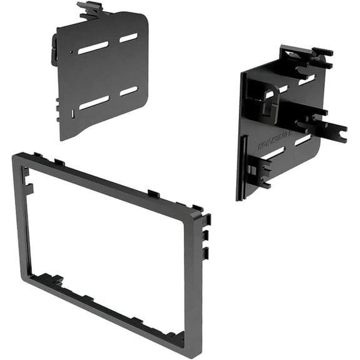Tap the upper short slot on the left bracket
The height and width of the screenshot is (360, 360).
[x=129, y=37]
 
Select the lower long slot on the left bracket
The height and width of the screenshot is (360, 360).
[x=94, y=102]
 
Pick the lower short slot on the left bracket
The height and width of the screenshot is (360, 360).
[x=129, y=91]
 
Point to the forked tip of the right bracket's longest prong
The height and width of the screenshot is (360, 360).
[x=340, y=132]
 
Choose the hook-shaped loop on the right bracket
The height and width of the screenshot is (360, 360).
[x=269, y=100]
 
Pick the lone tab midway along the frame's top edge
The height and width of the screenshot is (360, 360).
[x=154, y=194]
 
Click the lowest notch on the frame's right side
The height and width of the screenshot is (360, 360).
[x=206, y=253]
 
